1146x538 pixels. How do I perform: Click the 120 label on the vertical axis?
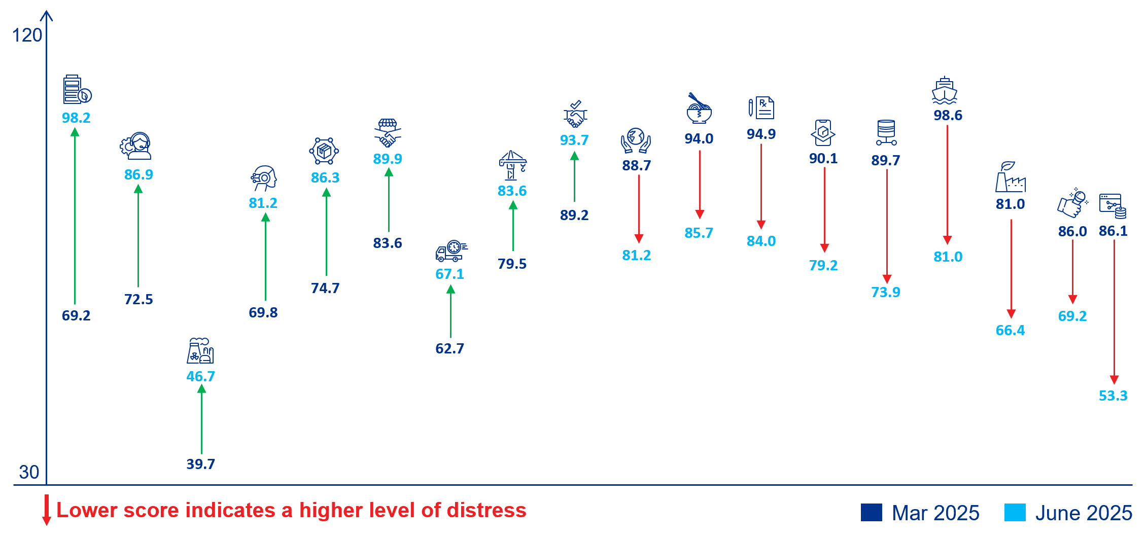pos(27,35)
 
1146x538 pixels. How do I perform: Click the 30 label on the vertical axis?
pos(29,472)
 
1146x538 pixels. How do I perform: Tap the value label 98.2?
pos(76,118)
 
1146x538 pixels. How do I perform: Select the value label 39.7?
pos(201,464)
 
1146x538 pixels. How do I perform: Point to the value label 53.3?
pos(1113,396)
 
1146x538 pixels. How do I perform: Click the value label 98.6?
pos(948,115)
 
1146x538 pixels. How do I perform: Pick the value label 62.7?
pos(449,348)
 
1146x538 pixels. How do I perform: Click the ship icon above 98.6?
pos(944,91)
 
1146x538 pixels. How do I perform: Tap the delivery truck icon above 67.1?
pos(451,251)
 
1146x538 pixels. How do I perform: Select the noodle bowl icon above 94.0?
pos(699,109)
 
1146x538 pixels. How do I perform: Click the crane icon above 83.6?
pos(512,165)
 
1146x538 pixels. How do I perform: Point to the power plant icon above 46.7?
pos(200,351)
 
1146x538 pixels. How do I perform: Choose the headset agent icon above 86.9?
pos(136,146)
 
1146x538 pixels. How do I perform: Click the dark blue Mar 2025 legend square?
pos(871,513)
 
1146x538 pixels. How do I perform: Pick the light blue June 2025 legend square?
pos(1015,513)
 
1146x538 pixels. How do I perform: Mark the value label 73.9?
pos(885,292)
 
